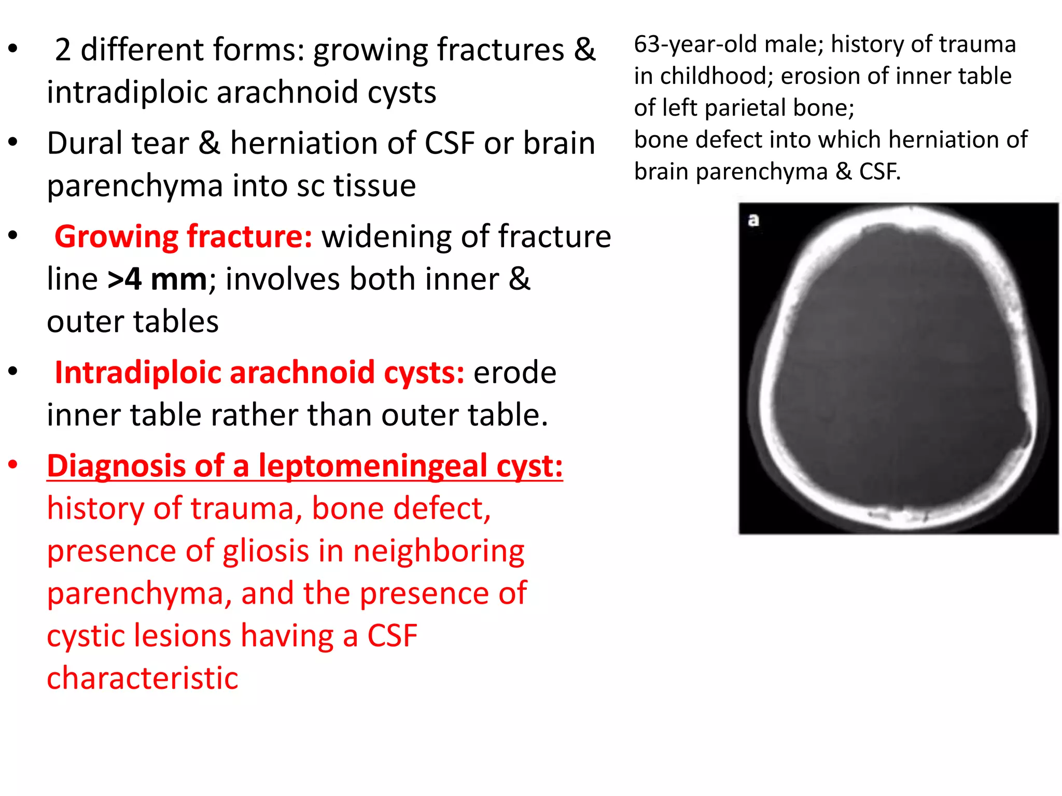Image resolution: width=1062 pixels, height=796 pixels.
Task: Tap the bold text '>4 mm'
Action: (158, 279)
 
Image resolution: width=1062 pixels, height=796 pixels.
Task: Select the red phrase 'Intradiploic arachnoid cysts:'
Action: (259, 373)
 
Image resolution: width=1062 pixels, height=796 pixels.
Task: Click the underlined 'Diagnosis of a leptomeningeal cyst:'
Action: (305, 466)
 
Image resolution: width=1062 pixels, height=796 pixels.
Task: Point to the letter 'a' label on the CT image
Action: (753, 221)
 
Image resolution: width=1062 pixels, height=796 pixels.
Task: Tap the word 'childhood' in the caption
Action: (716, 76)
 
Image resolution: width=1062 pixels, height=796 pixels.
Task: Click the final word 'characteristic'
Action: (143, 678)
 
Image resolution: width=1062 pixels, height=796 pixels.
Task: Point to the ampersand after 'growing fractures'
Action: (584, 50)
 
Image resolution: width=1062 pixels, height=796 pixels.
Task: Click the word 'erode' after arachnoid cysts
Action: (514, 373)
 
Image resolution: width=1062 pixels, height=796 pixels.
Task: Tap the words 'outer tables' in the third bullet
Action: (133, 322)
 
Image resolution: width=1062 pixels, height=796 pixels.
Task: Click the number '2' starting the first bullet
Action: (63, 50)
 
